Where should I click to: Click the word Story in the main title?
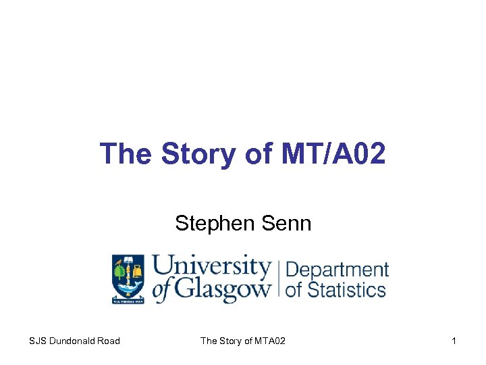tap(196, 154)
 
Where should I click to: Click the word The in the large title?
tap(127, 154)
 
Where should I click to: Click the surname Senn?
tap(286, 222)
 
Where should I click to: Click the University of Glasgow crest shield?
tap(128, 276)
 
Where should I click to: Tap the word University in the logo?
tap(211, 266)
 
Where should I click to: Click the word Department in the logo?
tap(337, 270)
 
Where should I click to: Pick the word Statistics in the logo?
tap(344, 290)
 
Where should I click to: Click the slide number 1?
tap(454, 341)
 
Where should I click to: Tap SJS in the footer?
tap(38, 341)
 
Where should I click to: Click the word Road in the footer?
tap(108, 341)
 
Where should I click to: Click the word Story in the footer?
tap(232, 341)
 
